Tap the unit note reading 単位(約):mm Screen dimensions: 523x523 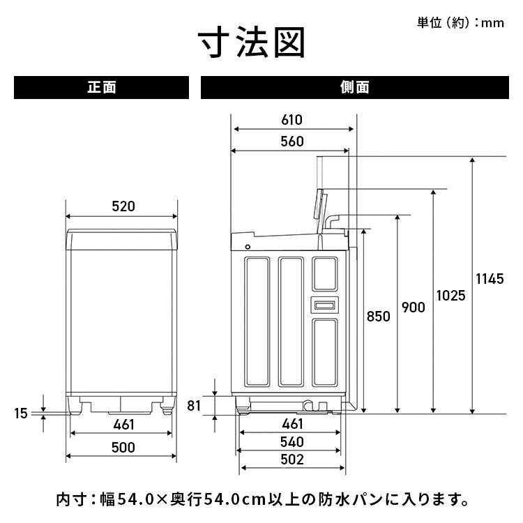[460, 23]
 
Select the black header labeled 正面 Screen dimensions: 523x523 [102, 88]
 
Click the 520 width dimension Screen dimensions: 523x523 [123, 206]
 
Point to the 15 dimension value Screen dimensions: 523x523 [21, 413]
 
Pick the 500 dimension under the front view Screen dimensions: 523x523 [123, 448]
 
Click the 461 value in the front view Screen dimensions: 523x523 [123, 425]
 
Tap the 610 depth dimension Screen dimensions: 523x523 [291, 119]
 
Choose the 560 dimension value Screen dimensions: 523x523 [291, 142]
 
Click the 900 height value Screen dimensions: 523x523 [413, 308]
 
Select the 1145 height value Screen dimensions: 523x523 [489, 279]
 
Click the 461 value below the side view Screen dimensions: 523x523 [291, 424]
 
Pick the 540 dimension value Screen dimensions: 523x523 [291, 442]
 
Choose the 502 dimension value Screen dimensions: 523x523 [291, 460]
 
